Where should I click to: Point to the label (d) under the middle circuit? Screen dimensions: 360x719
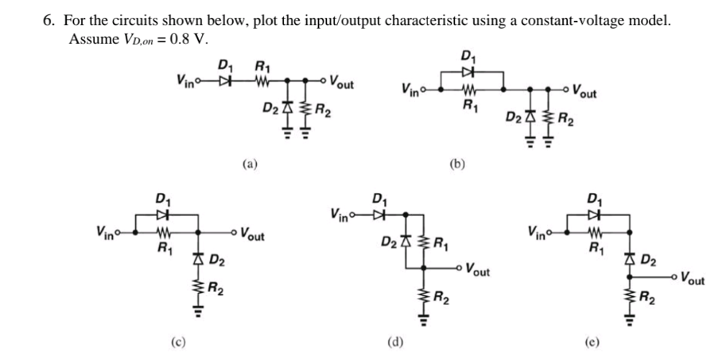394,341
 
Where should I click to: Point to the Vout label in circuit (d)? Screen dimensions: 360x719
479,272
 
